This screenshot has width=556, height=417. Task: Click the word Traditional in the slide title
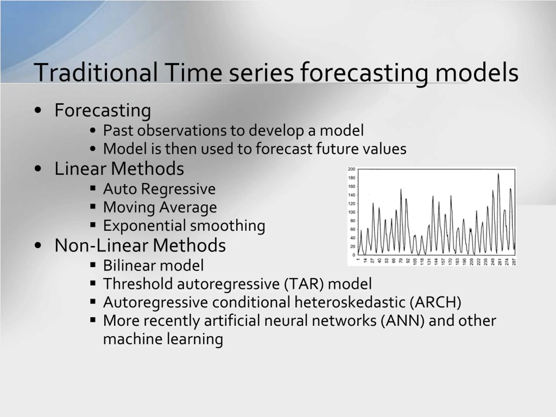click(96, 72)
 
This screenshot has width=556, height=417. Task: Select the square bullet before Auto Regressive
click(93, 188)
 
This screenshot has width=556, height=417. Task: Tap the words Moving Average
click(160, 207)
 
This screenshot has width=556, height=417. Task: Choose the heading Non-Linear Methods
click(140, 245)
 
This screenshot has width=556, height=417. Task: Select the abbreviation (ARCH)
click(435, 302)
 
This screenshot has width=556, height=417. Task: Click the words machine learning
click(163, 339)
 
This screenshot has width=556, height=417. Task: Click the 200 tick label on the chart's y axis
click(351, 169)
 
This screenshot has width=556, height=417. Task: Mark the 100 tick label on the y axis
click(351, 212)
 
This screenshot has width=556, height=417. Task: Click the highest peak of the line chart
click(498, 174)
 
